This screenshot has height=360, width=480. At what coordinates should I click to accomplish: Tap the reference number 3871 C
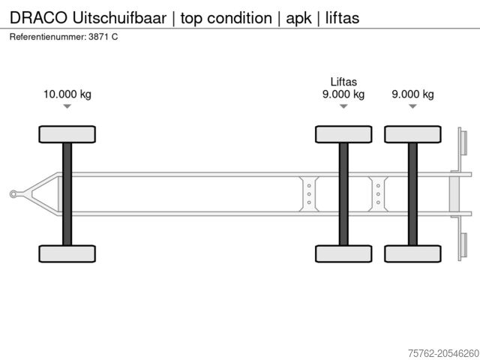[102, 37]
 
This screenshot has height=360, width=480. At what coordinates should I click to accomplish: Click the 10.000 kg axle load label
[67, 94]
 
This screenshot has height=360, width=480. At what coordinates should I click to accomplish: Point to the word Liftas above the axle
[343, 82]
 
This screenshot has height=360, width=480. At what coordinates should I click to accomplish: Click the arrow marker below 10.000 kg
[67, 106]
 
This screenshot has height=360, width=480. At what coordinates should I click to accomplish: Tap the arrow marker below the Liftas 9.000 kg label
[343, 106]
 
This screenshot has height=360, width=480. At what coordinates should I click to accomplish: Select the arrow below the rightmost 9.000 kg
[412, 106]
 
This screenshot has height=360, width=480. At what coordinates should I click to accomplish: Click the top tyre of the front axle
[67, 134]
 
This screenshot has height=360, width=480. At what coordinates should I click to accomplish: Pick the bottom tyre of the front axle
[67, 253]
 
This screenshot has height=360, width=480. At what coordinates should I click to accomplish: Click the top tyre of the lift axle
[343, 134]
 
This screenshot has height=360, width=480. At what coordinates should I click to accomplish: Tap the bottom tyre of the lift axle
[343, 253]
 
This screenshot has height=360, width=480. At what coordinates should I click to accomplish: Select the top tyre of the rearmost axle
[412, 134]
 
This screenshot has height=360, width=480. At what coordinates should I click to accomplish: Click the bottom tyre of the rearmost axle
[412, 253]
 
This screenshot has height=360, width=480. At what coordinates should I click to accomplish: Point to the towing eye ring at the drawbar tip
[13, 194]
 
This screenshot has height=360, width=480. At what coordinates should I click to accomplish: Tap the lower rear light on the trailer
[462, 246]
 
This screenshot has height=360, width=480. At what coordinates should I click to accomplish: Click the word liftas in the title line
[340, 16]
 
